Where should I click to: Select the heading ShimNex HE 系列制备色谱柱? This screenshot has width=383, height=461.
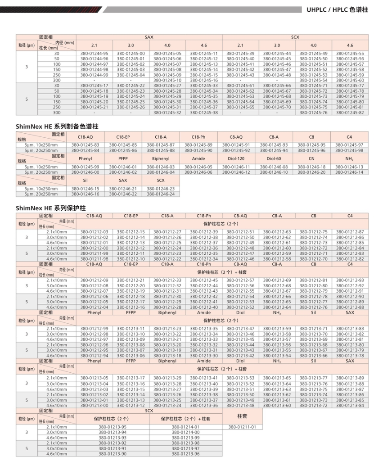pyautogui.click(x=57, y=127)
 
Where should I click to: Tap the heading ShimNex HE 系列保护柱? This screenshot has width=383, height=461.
pyautogui.click(x=50, y=208)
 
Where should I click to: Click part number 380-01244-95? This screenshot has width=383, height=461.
pyautogui.click(x=94, y=54)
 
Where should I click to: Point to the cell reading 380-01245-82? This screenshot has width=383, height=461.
pyautogui.click(x=350, y=113)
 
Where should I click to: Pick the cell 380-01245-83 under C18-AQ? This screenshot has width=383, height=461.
pyautogui.click(x=85, y=145)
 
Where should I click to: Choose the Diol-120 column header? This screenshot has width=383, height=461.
pyautogui.click(x=236, y=158)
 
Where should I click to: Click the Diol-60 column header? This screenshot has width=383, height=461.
pyautogui.click(x=274, y=158)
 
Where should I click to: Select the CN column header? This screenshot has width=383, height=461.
pyautogui.click(x=311, y=158)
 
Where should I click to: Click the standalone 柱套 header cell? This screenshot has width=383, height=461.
pyautogui.click(x=242, y=416)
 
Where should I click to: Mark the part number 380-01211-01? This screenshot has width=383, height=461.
pyautogui.click(x=242, y=427)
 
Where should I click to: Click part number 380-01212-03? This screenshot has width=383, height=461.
pyautogui.click(x=94, y=232)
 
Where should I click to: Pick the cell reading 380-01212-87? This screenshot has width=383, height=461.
pyautogui.click(x=350, y=232)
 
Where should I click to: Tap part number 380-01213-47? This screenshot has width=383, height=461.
pyautogui.click(x=240, y=329)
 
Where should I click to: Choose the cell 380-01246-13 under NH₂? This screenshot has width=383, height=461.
pyautogui.click(x=350, y=167)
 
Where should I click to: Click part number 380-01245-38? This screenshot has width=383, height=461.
pyautogui.click(x=203, y=113)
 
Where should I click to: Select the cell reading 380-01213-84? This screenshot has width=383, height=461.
pyautogui.click(x=350, y=405)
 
